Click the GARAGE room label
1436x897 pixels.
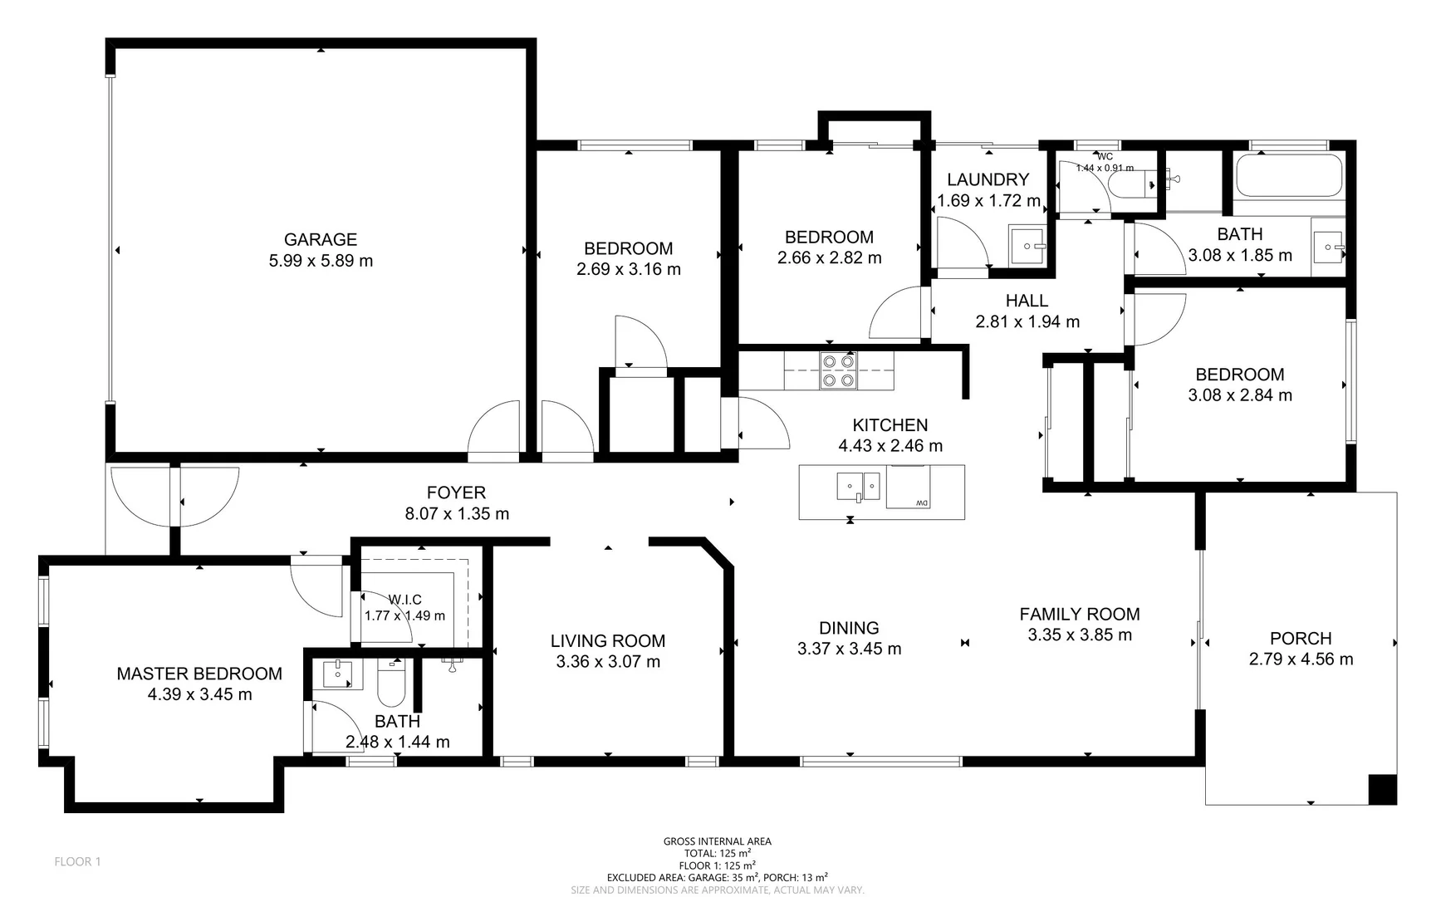point(320,239)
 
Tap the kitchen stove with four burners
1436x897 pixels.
point(837,370)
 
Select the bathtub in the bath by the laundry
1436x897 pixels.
point(1288,176)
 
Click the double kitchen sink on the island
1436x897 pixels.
point(858,485)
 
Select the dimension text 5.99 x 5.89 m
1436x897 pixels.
point(320,261)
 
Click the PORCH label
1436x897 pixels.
point(1300,638)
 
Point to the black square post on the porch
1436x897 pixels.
point(1382,789)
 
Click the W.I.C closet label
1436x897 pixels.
point(404,600)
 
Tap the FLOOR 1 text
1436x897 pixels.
point(77,861)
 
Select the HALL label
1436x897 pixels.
point(1027,301)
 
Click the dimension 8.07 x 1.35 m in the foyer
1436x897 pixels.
point(456,513)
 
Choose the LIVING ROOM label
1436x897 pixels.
point(607,640)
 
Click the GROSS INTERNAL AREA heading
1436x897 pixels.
point(717,841)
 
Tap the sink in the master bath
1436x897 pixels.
point(338,674)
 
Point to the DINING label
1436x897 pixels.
point(848,628)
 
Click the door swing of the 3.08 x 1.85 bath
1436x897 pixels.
point(1159,250)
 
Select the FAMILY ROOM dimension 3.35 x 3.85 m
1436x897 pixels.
point(1079,635)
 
